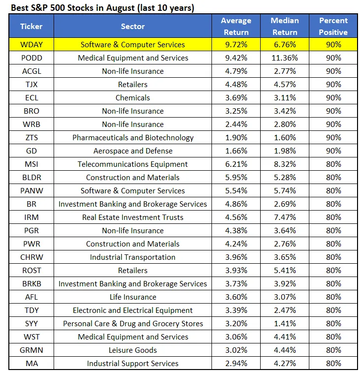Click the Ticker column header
point(31,26)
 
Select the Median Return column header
point(285,26)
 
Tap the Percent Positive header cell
point(333,26)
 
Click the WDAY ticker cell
point(31,44)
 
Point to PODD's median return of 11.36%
point(285,58)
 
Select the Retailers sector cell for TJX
point(133,84)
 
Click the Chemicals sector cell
point(133,97)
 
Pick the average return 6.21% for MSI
point(236,164)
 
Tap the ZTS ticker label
point(31,137)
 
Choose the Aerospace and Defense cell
point(133,151)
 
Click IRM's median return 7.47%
point(285,217)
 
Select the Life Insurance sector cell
point(133,297)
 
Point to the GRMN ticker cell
point(31,350)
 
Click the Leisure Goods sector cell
point(133,350)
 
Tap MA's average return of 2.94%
point(236,363)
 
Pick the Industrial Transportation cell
point(133,257)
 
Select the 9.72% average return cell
point(236,44)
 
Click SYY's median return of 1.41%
point(285,323)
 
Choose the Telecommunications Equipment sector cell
point(133,164)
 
